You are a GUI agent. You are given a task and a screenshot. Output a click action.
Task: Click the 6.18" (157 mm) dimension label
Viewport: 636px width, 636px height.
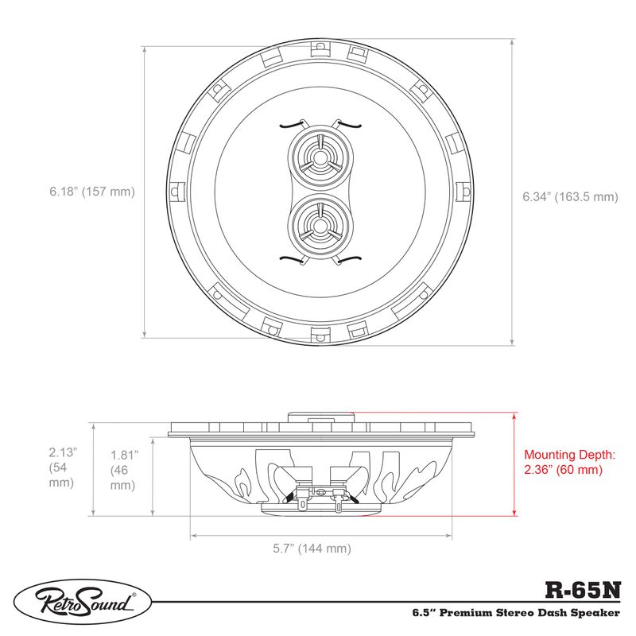click(x=91, y=192)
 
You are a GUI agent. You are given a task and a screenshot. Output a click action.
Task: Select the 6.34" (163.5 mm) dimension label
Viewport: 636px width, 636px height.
click(x=569, y=196)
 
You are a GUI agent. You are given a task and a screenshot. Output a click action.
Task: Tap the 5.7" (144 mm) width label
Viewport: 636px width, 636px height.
click(x=312, y=549)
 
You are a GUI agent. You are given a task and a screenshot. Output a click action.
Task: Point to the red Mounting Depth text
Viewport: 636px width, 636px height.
click(x=569, y=462)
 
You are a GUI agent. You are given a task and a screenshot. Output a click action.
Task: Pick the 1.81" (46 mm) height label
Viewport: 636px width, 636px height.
click(x=123, y=470)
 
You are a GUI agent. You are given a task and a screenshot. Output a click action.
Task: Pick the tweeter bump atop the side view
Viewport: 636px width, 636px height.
click(x=318, y=417)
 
